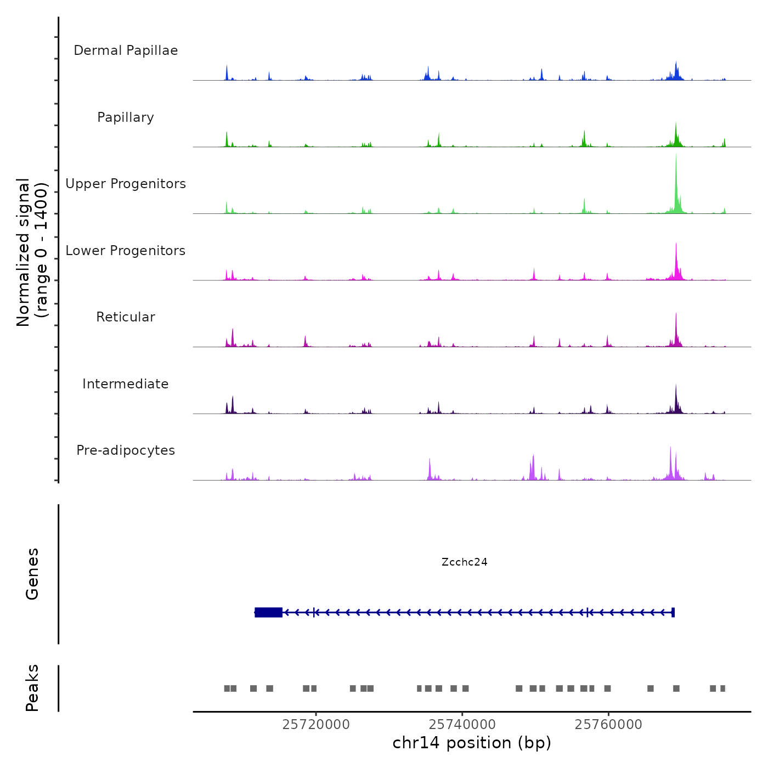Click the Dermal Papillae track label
click(126, 50)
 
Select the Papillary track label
click(126, 117)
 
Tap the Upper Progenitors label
click(126, 184)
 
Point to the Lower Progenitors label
click(126, 251)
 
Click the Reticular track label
click(126, 317)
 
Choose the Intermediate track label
click(126, 384)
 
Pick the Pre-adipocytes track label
click(126, 450)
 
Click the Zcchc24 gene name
click(464, 562)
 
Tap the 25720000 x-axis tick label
click(316, 725)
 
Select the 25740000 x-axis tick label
click(462, 725)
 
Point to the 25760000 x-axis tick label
click(608, 725)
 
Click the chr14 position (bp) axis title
click(472, 743)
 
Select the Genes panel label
click(32, 574)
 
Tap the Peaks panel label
click(32, 688)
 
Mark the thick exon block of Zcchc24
click(269, 612)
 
